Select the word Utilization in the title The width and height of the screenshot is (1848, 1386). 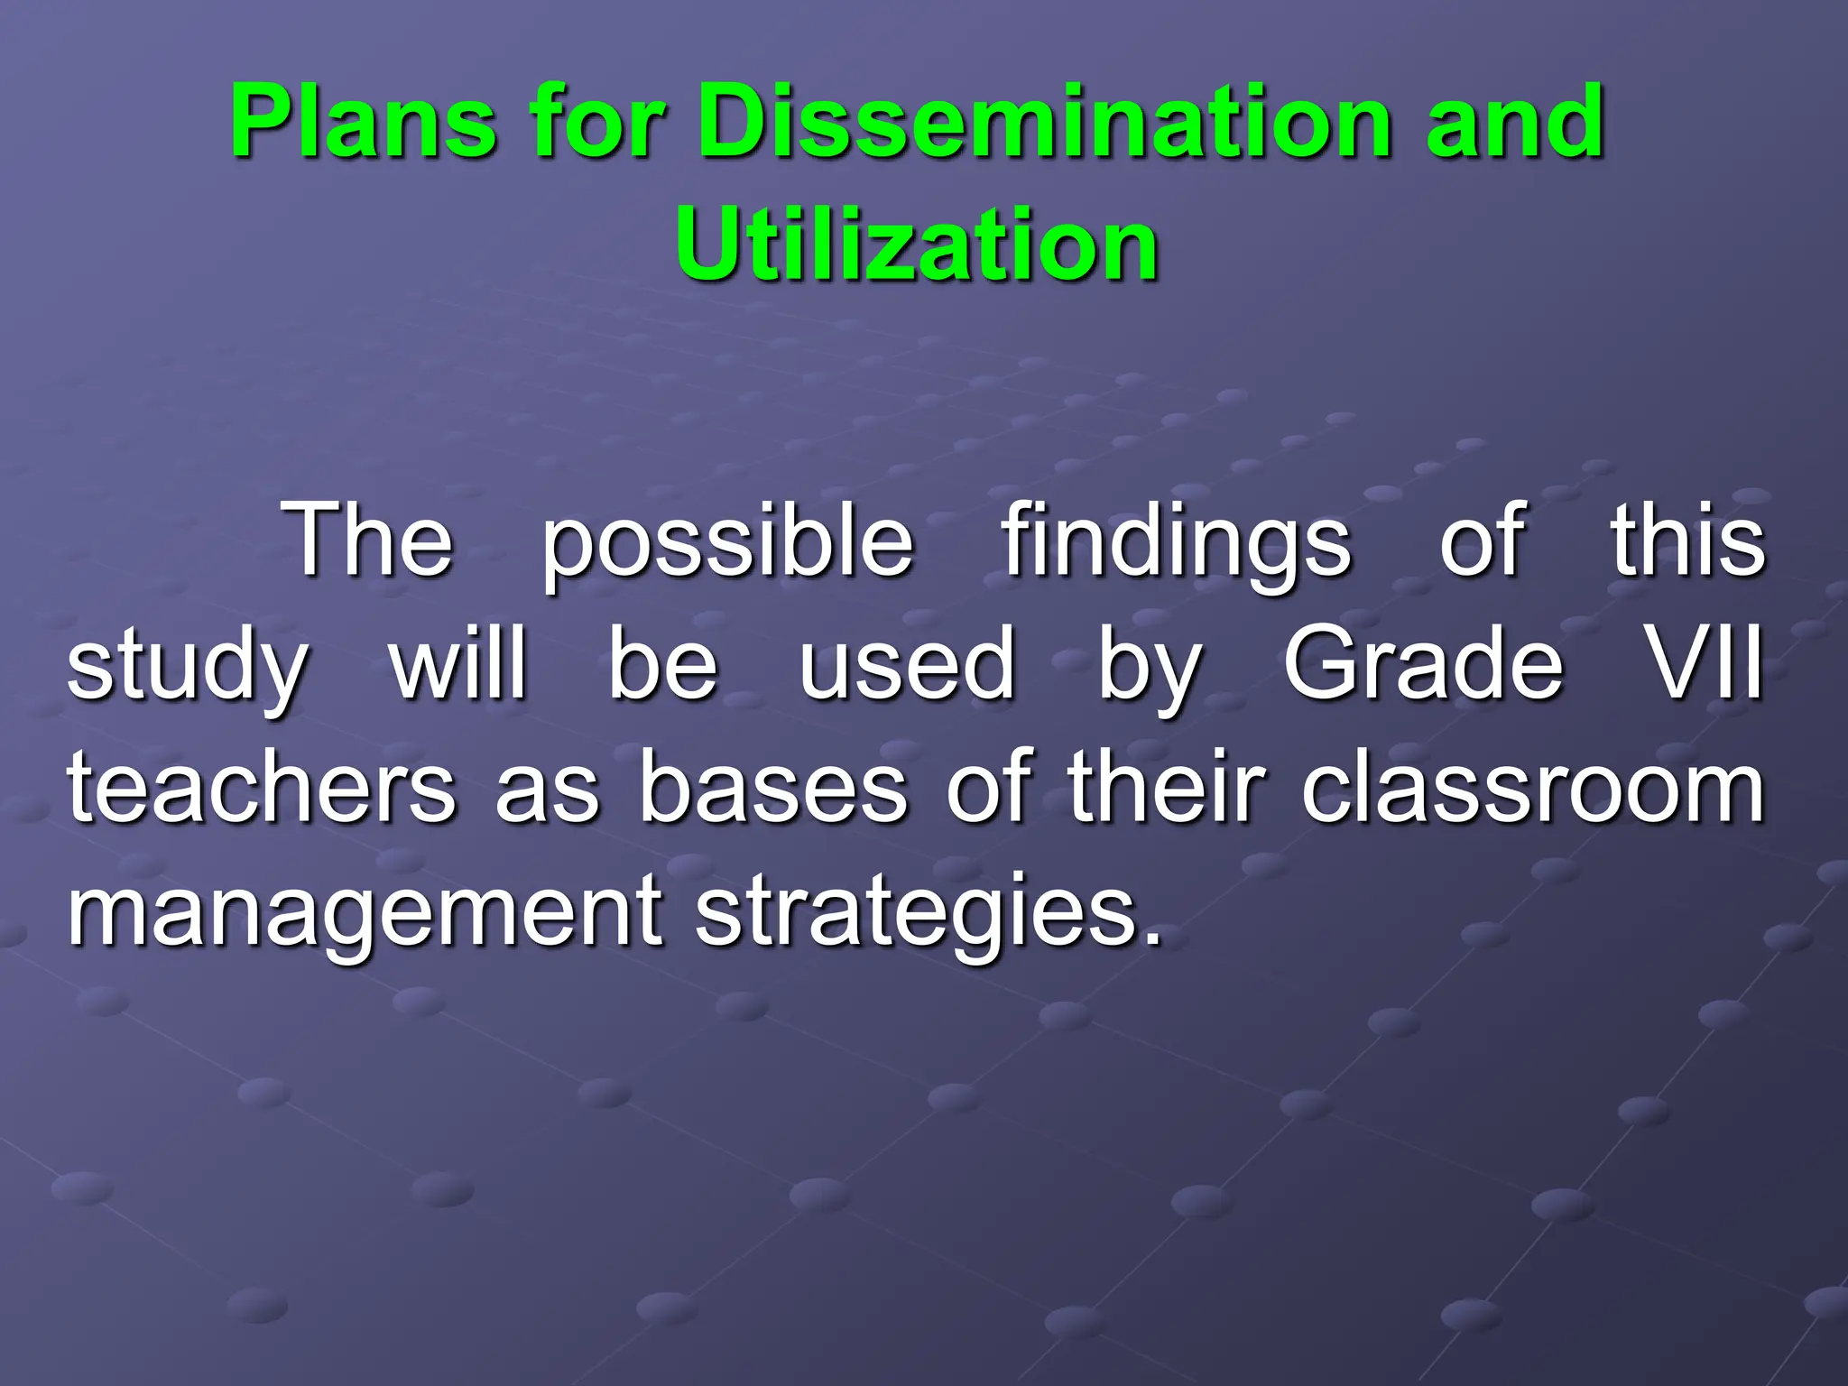[x=917, y=245]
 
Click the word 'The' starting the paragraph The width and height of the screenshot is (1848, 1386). [x=367, y=541]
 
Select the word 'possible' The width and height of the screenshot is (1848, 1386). [x=727, y=546]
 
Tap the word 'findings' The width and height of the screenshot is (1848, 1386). [x=1177, y=546]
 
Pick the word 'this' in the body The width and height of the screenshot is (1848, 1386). [x=1687, y=541]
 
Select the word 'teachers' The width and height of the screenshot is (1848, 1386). [x=262, y=789]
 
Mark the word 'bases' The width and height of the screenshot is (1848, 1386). [x=772, y=789]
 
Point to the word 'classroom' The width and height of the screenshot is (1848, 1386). [x=1532, y=789]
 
